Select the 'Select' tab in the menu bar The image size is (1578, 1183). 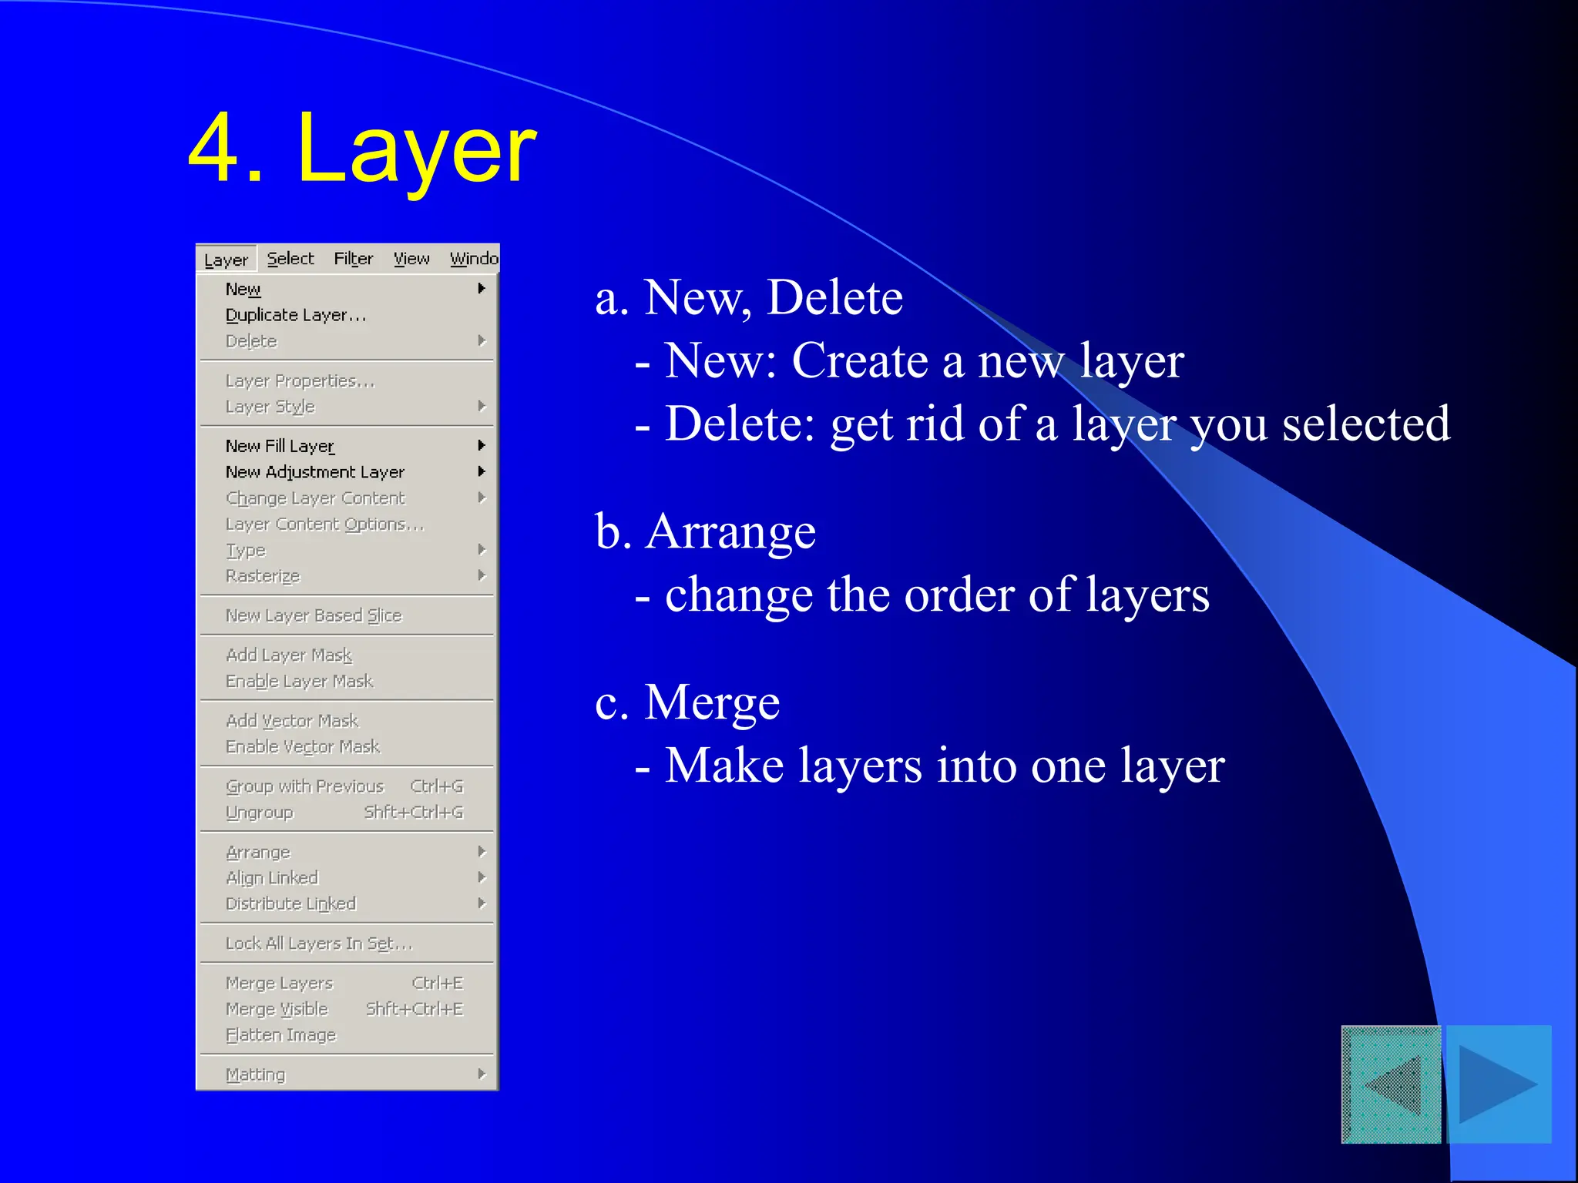(290, 259)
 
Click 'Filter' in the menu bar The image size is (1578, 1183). (353, 259)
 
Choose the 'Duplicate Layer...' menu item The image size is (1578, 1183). (296, 315)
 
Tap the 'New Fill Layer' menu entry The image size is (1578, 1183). (280, 446)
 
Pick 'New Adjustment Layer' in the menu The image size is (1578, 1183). (314, 472)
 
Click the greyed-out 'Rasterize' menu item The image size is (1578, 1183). (263, 576)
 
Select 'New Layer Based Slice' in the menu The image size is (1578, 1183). (314, 615)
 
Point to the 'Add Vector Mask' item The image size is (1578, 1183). (292, 721)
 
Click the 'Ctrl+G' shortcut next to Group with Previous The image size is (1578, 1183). (437, 786)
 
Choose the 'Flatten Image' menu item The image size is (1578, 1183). (281, 1035)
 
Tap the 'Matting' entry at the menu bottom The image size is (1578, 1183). (256, 1074)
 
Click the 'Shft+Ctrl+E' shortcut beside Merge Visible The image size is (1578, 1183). (415, 1009)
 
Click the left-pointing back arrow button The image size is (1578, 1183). (1392, 1084)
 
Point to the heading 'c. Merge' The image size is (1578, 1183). (687, 702)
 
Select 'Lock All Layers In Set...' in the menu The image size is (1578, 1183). (319, 943)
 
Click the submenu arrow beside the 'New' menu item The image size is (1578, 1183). (482, 289)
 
